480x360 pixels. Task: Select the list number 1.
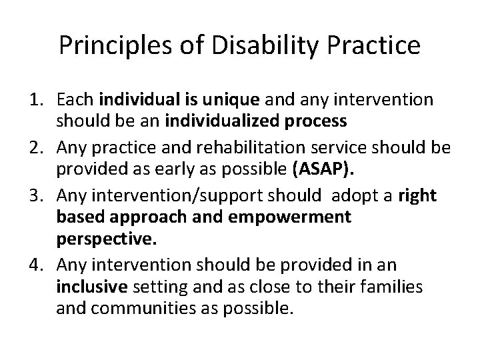(x=37, y=100)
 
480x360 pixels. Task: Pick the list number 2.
(x=37, y=148)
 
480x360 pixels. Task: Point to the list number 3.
(x=37, y=196)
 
